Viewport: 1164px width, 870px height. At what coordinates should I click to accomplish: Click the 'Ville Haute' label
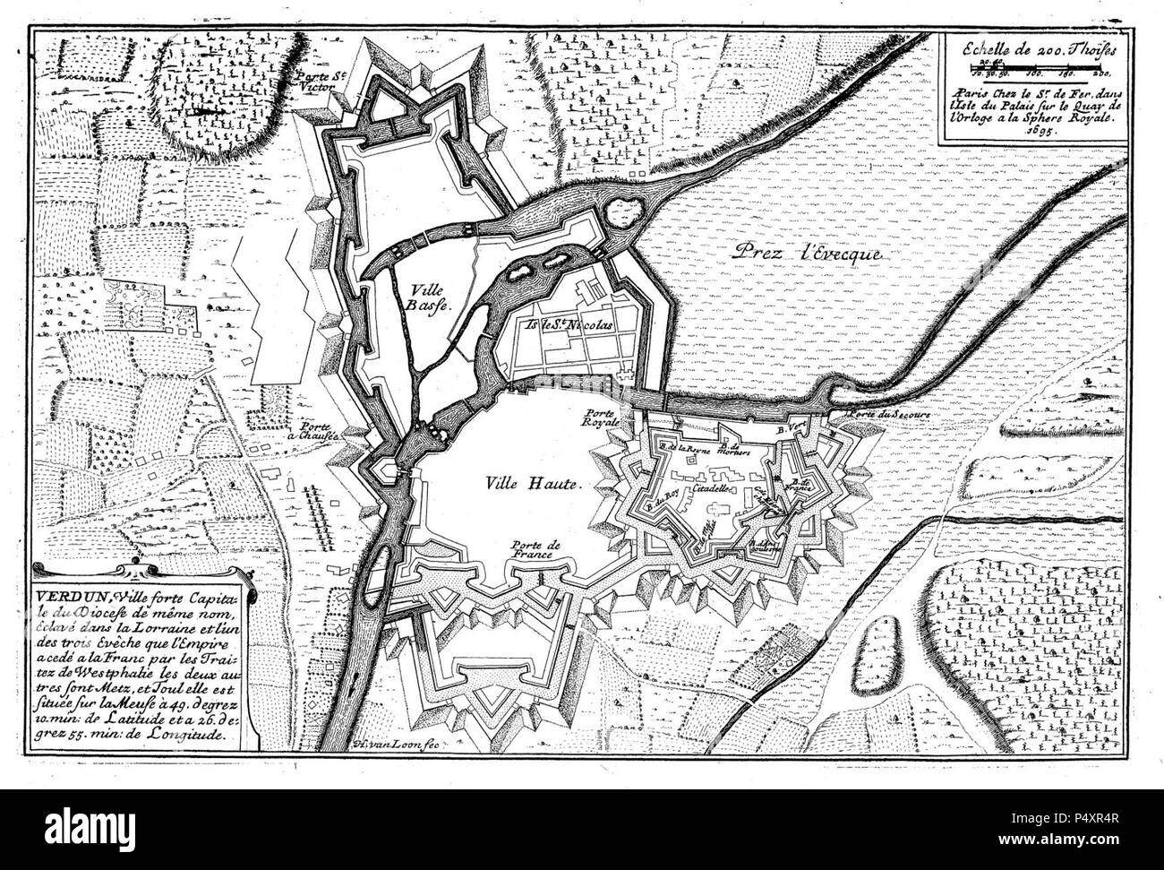click(534, 482)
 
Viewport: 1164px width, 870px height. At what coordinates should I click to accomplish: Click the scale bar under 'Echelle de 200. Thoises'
click(1033, 67)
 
